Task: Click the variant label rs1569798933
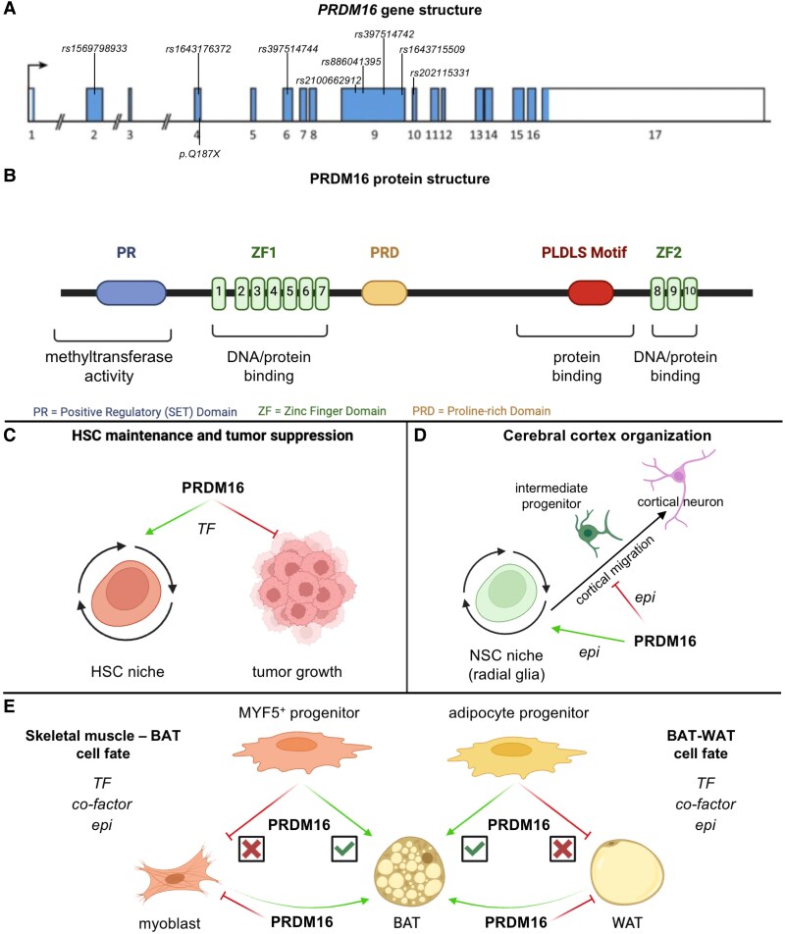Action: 94,47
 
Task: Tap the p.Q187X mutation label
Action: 199,154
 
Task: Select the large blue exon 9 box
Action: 373,103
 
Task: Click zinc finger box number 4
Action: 274,292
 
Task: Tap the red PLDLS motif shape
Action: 591,292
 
